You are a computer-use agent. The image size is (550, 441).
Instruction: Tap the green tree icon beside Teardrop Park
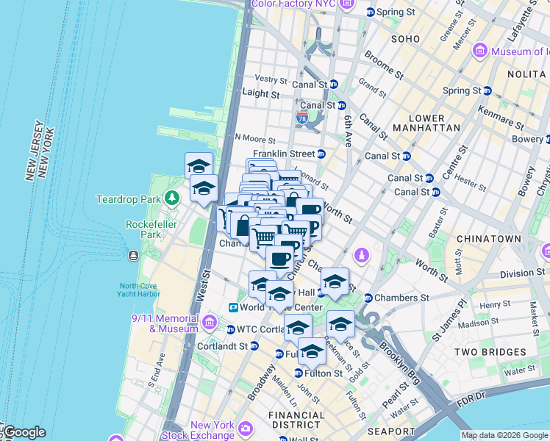171,198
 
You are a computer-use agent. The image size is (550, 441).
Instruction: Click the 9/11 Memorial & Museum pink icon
210,323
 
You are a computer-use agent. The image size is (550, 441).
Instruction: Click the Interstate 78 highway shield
303,117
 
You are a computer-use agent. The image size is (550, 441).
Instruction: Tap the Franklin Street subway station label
283,154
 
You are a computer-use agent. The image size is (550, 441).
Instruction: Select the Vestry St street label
271,79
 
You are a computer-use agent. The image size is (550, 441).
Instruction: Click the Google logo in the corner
24,432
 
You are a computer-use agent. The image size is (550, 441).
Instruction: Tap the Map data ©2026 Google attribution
504,435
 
